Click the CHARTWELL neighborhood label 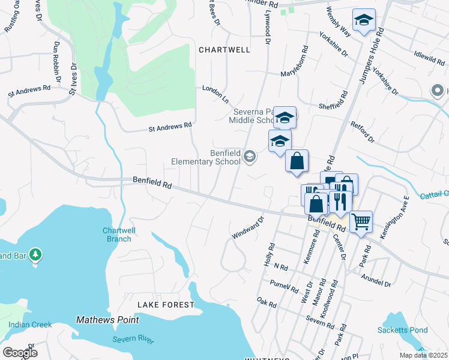224,50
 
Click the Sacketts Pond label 402,330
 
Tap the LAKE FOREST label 166,305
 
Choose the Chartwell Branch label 117,235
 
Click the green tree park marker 36,255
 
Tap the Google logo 20,353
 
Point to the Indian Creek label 30,325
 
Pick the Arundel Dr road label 376,279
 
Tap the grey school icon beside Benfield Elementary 250,158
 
